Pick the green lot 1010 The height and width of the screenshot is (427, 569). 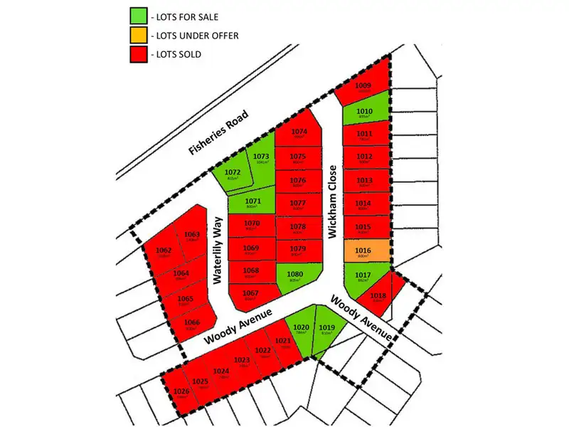pyautogui.click(x=364, y=113)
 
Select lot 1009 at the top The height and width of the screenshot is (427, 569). pyautogui.click(x=364, y=87)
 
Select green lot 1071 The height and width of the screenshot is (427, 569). pyautogui.click(x=253, y=204)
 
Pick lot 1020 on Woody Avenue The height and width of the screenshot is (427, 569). pyautogui.click(x=302, y=330)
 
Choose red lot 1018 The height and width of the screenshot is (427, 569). pyautogui.click(x=379, y=297)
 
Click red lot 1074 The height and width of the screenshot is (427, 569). pyautogui.click(x=299, y=133)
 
